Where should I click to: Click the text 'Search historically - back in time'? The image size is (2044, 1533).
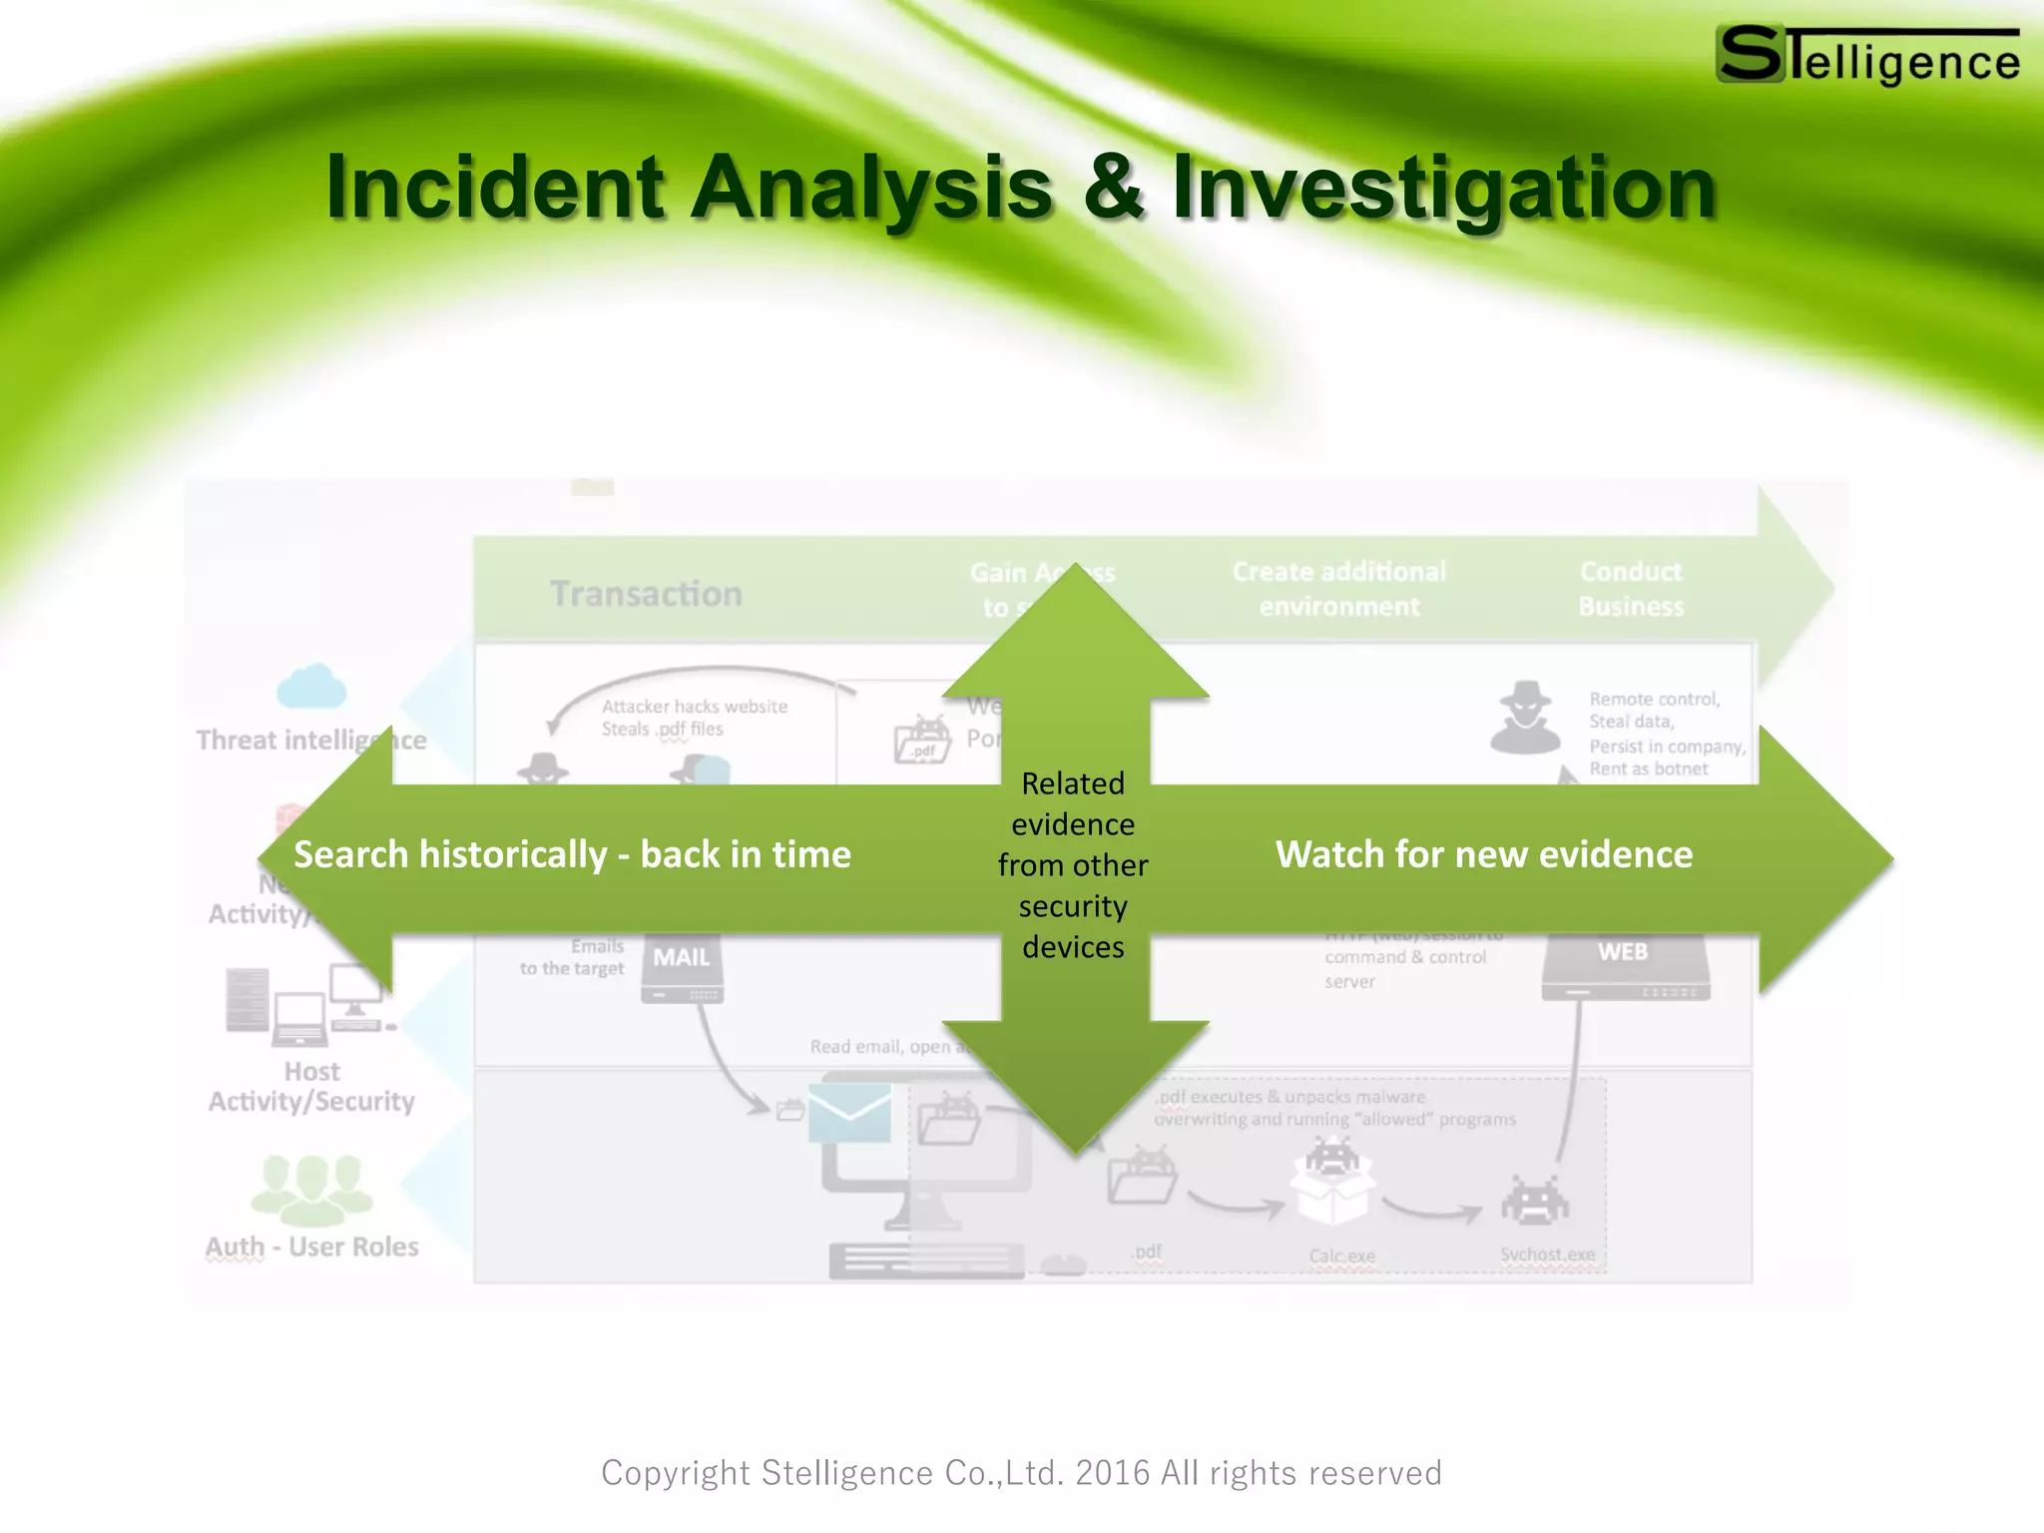(572, 855)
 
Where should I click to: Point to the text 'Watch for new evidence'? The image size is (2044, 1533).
(1484, 855)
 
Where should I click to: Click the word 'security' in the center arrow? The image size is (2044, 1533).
(1073, 906)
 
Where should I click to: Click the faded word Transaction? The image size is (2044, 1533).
(646, 594)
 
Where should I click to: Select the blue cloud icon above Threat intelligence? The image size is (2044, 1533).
(311, 687)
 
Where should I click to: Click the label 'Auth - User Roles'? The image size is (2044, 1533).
(311, 1247)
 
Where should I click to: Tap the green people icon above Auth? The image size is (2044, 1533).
(311, 1189)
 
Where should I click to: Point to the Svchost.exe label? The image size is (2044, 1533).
(1547, 1255)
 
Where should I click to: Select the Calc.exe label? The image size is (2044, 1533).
(1341, 1256)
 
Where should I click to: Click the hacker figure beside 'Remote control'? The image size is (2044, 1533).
(1525, 718)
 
